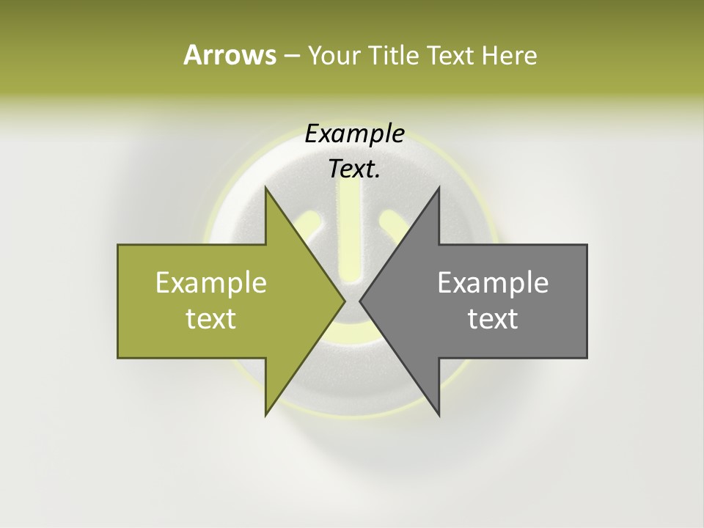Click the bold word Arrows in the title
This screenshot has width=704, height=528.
(x=229, y=55)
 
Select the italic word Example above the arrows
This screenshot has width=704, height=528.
(x=354, y=134)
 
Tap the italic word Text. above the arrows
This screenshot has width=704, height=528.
(x=353, y=169)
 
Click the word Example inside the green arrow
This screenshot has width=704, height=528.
(x=211, y=283)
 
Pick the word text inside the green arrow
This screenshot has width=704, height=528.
(x=211, y=319)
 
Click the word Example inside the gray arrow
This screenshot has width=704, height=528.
(x=493, y=283)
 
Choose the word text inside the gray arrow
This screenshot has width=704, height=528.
(x=493, y=319)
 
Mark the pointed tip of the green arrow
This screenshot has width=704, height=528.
(x=345, y=301)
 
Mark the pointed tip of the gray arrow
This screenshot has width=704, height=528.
(x=360, y=301)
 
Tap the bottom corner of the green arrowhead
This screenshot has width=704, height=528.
(x=265, y=416)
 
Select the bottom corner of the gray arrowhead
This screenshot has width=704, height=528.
(x=439, y=416)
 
